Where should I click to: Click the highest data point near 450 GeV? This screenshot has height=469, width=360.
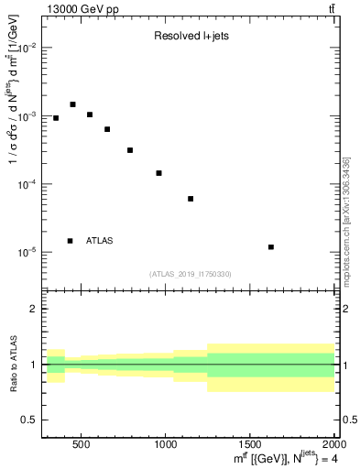[x=72, y=104]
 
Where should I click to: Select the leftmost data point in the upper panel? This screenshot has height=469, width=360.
[x=56, y=118]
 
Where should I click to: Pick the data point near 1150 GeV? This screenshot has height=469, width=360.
[x=191, y=199]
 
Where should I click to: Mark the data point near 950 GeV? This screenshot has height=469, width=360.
[x=158, y=173]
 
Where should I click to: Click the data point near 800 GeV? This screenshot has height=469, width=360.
[x=130, y=150]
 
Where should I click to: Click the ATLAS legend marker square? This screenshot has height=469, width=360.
[x=70, y=241]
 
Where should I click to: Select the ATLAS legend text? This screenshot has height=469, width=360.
[x=100, y=241]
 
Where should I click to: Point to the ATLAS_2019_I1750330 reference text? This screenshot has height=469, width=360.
[x=191, y=274]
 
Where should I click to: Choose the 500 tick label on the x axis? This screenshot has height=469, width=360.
[x=81, y=444]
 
